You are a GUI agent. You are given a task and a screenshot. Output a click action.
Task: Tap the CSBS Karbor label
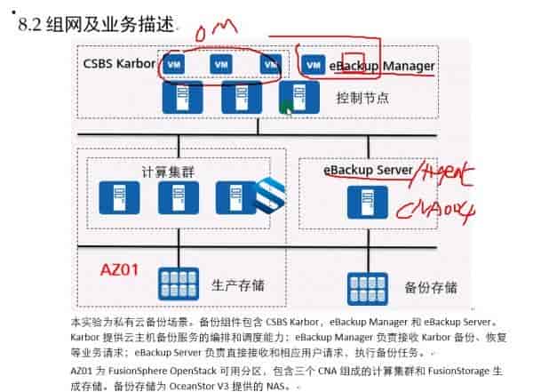click(x=117, y=63)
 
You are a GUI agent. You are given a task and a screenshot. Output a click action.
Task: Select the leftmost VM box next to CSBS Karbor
click(x=175, y=66)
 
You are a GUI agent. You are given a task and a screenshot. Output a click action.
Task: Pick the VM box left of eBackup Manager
click(x=312, y=66)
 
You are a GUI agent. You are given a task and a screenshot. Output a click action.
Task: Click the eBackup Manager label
click(x=382, y=66)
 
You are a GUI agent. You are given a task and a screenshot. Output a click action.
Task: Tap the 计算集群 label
click(x=167, y=169)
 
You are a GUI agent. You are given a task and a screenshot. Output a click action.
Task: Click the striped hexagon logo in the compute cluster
click(x=267, y=193)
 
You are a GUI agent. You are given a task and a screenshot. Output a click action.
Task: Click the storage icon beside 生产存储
click(x=178, y=284)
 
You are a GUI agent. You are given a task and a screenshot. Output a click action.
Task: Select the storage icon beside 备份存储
click(x=366, y=286)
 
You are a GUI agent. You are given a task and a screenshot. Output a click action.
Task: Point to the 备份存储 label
click(x=431, y=287)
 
